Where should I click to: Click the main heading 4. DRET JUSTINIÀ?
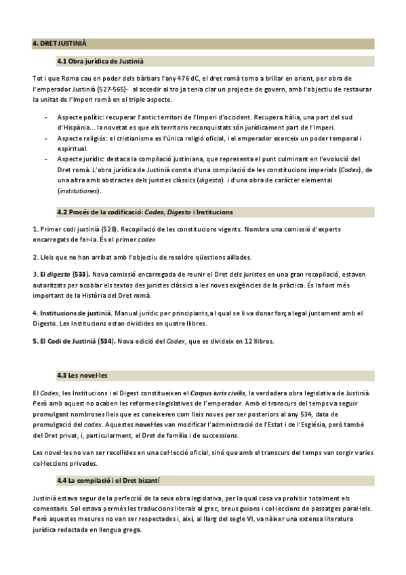coord(60,44)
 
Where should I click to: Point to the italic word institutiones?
coord(79,191)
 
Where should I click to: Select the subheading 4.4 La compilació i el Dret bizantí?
coord(108,480)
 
